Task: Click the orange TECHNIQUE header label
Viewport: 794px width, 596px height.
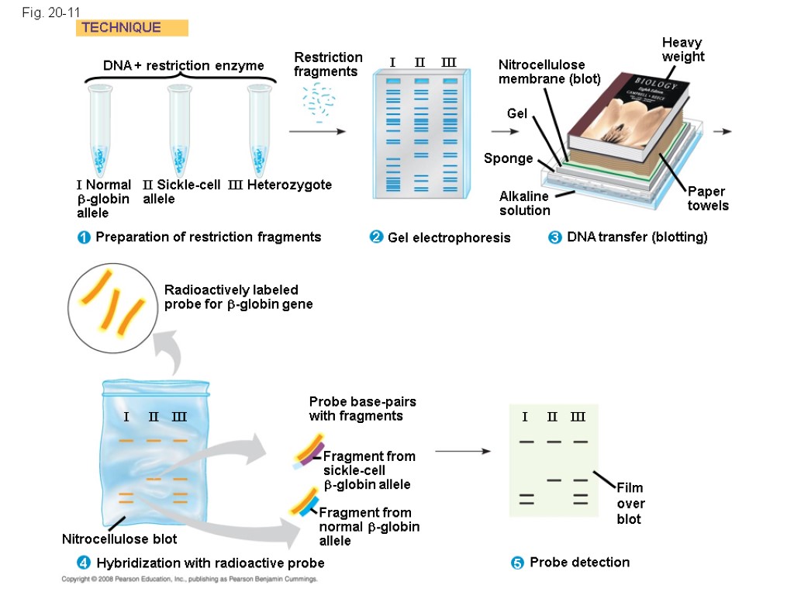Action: pyautogui.click(x=132, y=28)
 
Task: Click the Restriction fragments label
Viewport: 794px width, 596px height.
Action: pyautogui.click(x=328, y=64)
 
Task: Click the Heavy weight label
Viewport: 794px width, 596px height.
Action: pyautogui.click(x=682, y=50)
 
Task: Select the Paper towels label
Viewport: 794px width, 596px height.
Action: pyautogui.click(x=707, y=199)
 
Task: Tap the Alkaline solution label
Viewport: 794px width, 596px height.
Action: pyautogui.click(x=524, y=203)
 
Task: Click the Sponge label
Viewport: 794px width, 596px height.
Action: pyautogui.click(x=508, y=158)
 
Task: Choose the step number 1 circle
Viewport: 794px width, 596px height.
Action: pyautogui.click(x=84, y=238)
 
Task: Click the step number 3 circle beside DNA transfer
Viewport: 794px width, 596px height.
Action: pyautogui.click(x=554, y=238)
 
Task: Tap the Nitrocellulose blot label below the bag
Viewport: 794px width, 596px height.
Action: pyautogui.click(x=119, y=539)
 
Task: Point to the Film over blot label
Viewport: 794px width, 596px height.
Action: pyautogui.click(x=630, y=503)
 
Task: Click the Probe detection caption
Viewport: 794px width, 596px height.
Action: pyautogui.click(x=579, y=562)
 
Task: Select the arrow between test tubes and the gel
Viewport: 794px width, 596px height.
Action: pyautogui.click(x=317, y=133)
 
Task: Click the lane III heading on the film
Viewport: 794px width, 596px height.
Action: pyautogui.click(x=578, y=417)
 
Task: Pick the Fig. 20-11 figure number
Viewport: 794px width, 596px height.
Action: pyautogui.click(x=51, y=12)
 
